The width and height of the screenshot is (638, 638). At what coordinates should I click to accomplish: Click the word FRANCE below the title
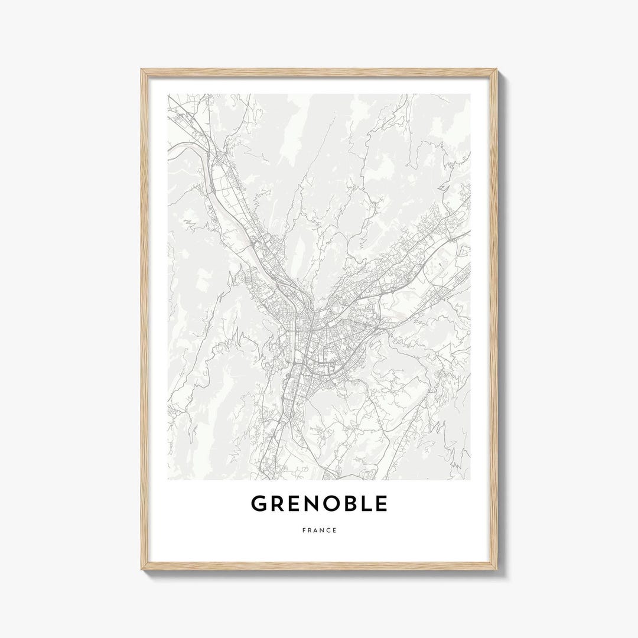tap(319, 530)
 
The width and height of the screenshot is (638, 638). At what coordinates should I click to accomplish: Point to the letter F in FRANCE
tap(304, 530)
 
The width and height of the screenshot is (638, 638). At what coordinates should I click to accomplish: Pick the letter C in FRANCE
tap(328, 530)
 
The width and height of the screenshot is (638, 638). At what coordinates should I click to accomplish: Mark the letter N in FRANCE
tap(322, 530)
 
